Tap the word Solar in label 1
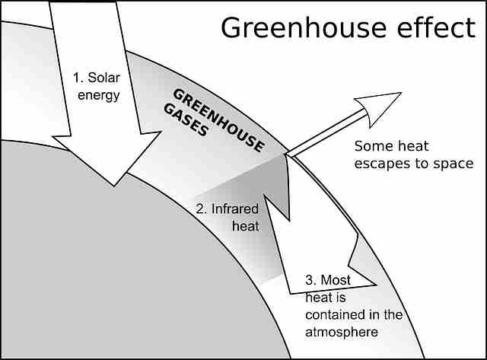pos(104,78)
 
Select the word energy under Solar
pos(99,95)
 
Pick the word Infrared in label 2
pos(236,209)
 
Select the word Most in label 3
pos(336,280)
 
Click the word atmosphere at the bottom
pos(341,332)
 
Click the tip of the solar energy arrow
pos(114,184)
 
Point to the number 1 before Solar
pos(76,78)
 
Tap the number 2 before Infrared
pos(200,209)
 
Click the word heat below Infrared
pos(246,226)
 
